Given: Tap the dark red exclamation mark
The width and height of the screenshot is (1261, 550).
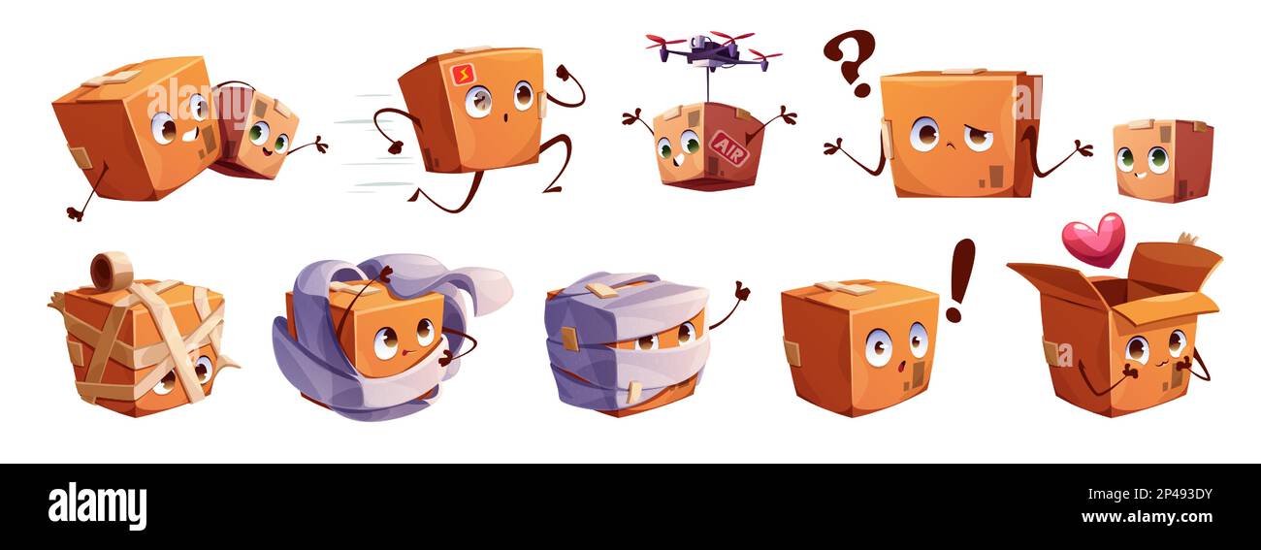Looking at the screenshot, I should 959,278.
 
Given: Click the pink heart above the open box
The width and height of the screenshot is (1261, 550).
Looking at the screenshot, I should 1092,239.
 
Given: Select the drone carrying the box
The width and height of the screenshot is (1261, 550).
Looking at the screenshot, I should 713,49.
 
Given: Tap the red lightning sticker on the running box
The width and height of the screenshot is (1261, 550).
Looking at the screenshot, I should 463,74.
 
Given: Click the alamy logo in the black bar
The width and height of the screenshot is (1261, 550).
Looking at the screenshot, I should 97,506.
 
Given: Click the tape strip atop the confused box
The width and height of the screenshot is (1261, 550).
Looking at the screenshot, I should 961,72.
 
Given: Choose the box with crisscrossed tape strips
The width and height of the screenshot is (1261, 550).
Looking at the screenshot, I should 141,344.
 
